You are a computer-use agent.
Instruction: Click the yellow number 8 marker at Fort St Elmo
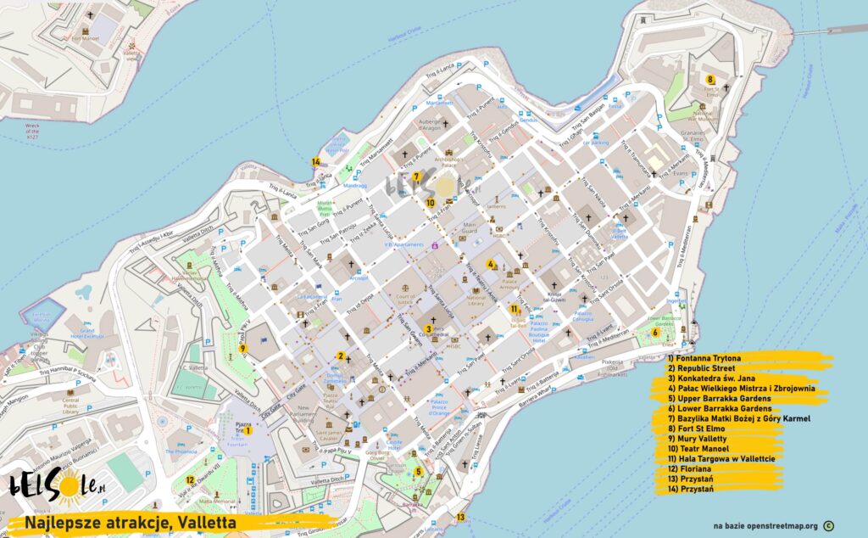pyautogui.click(x=709, y=80)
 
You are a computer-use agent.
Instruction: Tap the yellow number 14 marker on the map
pyautogui.click(x=315, y=161)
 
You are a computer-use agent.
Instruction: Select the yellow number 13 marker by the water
pyautogui.click(x=460, y=517)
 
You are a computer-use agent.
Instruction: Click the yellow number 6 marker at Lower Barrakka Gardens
pyautogui.click(x=655, y=332)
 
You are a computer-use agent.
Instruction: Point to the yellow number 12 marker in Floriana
pyautogui.click(x=191, y=480)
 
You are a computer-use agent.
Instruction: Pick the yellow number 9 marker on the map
pyautogui.click(x=242, y=348)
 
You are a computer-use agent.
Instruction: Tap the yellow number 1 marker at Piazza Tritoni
pyautogui.click(x=248, y=430)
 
